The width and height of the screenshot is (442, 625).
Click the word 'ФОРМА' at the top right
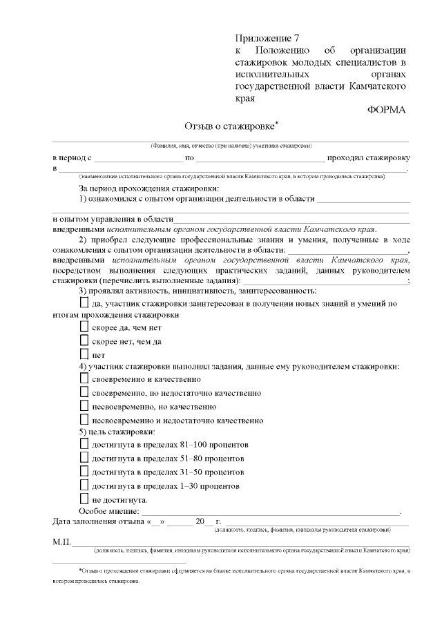point(387,110)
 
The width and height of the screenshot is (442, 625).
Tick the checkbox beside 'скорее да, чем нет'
point(84,327)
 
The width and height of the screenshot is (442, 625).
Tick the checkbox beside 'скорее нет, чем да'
point(84,340)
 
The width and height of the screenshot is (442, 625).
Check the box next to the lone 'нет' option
point(84,354)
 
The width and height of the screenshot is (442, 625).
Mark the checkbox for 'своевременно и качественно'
point(84,378)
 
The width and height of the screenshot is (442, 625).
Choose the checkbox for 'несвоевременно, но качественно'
point(84,405)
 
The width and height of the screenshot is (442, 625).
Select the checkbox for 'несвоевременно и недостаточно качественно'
point(84,419)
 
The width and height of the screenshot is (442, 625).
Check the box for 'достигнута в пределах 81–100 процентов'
point(84,444)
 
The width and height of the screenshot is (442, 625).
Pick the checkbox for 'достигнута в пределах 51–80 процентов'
point(84,458)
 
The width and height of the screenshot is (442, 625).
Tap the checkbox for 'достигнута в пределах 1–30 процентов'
point(84,485)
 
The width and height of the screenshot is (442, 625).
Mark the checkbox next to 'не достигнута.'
point(84,499)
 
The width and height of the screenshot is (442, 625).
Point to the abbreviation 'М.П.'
point(61,543)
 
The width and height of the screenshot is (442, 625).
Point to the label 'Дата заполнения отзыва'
point(97,521)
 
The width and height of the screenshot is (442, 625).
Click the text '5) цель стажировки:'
point(116,432)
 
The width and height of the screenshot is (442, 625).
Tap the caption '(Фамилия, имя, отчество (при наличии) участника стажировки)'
point(231,146)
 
